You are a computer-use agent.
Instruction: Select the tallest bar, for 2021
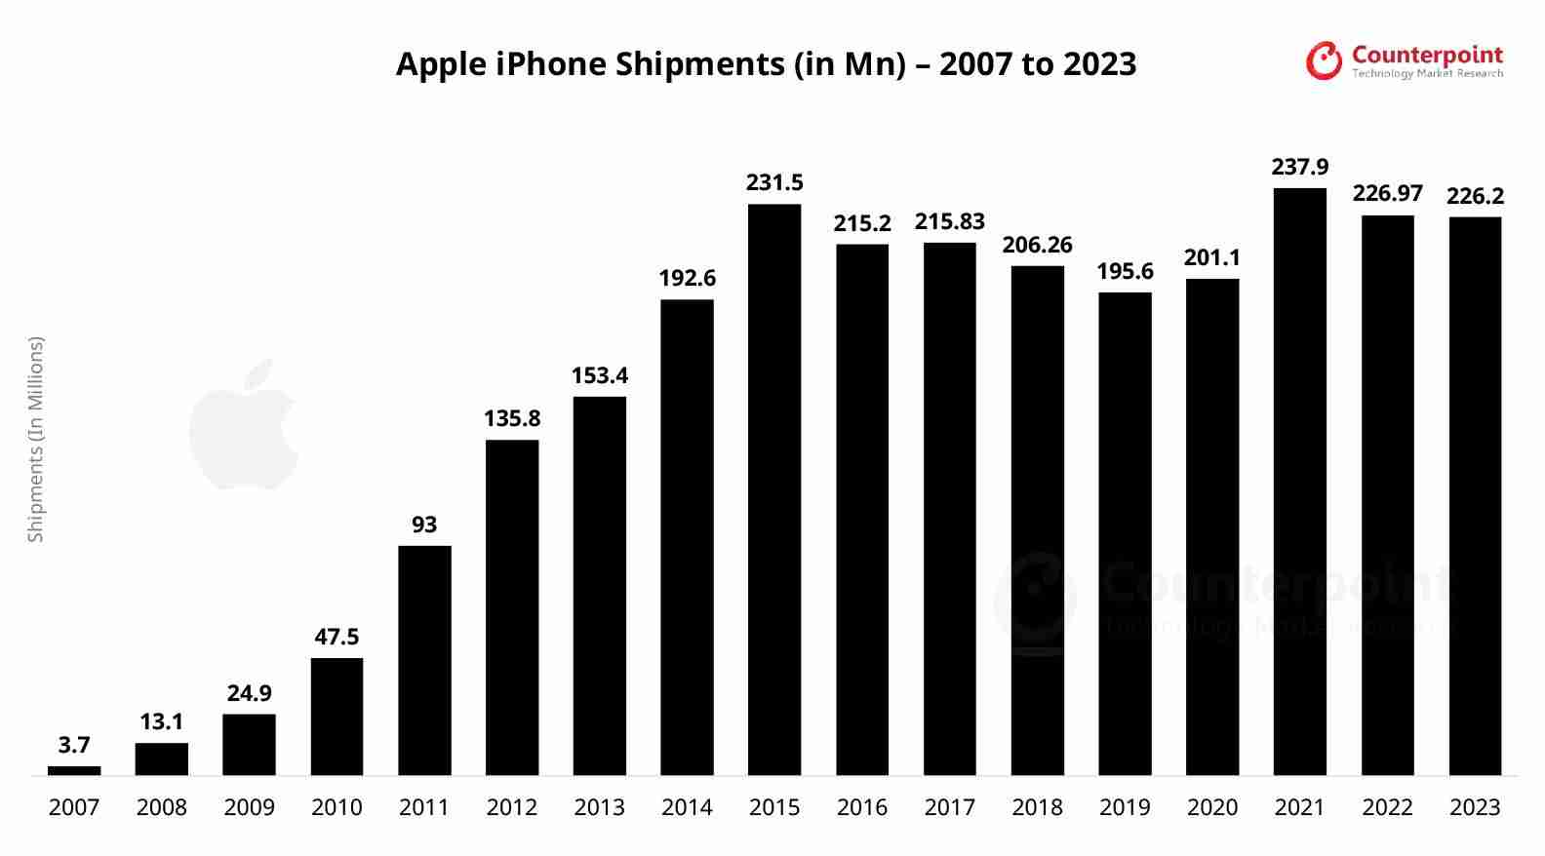point(1299,482)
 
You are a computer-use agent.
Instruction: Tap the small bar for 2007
point(74,771)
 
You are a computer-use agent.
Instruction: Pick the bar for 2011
point(424,660)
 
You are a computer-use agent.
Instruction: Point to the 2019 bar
point(1125,533)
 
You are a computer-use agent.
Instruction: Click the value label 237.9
point(1299,168)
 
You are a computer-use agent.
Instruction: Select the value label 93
point(424,525)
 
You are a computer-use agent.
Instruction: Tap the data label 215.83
point(949,222)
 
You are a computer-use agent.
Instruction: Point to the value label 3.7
point(74,746)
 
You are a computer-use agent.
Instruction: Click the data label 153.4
point(599,376)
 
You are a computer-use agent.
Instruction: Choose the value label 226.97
point(1387,194)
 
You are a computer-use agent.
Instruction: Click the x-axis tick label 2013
point(599,808)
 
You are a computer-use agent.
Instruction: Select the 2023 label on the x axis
point(1475,808)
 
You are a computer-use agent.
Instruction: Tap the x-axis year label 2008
point(162,808)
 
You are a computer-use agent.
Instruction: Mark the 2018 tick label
point(1037,808)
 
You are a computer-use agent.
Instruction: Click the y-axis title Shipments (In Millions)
point(36,439)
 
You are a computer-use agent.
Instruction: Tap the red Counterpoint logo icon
point(1324,60)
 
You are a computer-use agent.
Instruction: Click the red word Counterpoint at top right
point(1427,55)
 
